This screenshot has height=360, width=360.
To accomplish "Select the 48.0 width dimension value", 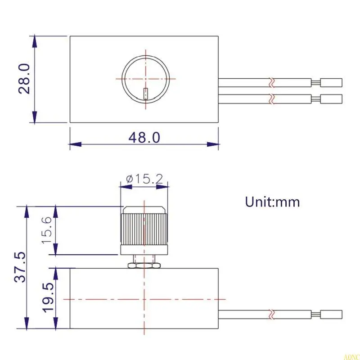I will (144, 138).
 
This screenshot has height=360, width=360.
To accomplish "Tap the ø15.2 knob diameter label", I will (144, 179).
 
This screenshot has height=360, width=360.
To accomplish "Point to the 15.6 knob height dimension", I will (48, 230).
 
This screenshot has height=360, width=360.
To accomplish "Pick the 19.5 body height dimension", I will (48, 298).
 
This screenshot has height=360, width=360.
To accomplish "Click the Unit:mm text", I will (272, 202).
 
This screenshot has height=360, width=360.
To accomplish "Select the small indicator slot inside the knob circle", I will (145, 93).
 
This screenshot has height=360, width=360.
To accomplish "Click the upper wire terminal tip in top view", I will (332, 83).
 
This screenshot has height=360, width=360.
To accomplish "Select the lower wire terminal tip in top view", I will (332, 99).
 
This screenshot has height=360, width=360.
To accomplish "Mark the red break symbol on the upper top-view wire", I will (271, 83).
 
